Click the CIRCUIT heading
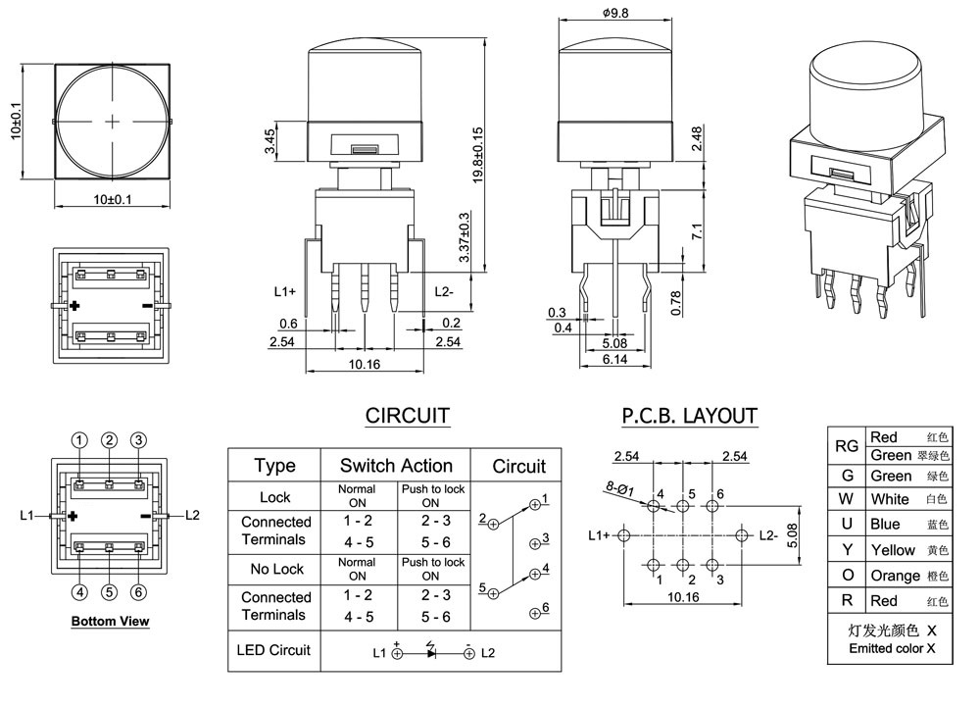(407, 416)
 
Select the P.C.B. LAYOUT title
(689, 416)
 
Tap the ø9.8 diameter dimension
(615, 13)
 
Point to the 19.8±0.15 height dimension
(478, 155)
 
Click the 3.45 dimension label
(269, 141)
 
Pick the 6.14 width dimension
(614, 359)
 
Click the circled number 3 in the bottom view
(139, 440)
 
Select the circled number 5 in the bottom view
(110, 591)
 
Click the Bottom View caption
(110, 622)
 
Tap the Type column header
(275, 466)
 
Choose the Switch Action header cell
(396, 466)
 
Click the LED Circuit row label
(273, 650)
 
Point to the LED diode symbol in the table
(430, 652)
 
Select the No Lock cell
(276, 569)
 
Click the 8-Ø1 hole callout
(619, 489)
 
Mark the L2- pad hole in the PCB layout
(742, 535)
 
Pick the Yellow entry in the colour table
(893, 550)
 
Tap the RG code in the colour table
(847, 446)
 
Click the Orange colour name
(895, 576)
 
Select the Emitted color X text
(892, 649)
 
